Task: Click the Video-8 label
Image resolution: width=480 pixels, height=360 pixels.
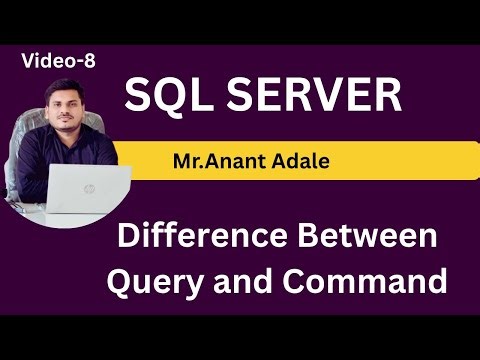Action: tap(57, 62)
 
